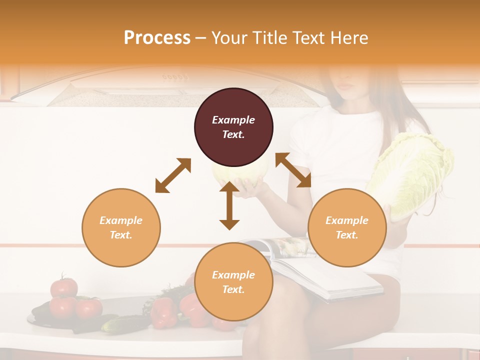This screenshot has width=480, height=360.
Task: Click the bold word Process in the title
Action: click(157, 38)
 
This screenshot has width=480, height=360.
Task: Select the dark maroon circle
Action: click(233, 127)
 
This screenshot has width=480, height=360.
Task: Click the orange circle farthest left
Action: click(121, 227)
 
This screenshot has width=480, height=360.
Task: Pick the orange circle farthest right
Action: click(347, 227)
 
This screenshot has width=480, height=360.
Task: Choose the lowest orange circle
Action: click(233, 282)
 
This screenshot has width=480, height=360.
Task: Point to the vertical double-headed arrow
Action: click(229, 205)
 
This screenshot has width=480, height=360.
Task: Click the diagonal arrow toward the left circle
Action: click(173, 175)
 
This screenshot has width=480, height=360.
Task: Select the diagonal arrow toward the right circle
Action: click(293, 170)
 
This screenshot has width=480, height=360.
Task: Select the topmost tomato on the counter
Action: click(64, 287)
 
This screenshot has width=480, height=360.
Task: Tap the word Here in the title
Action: click(350, 38)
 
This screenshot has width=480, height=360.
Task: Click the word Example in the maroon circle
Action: click(233, 120)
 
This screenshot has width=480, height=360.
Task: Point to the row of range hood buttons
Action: click(175, 77)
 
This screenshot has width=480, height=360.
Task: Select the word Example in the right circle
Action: click(347, 220)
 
